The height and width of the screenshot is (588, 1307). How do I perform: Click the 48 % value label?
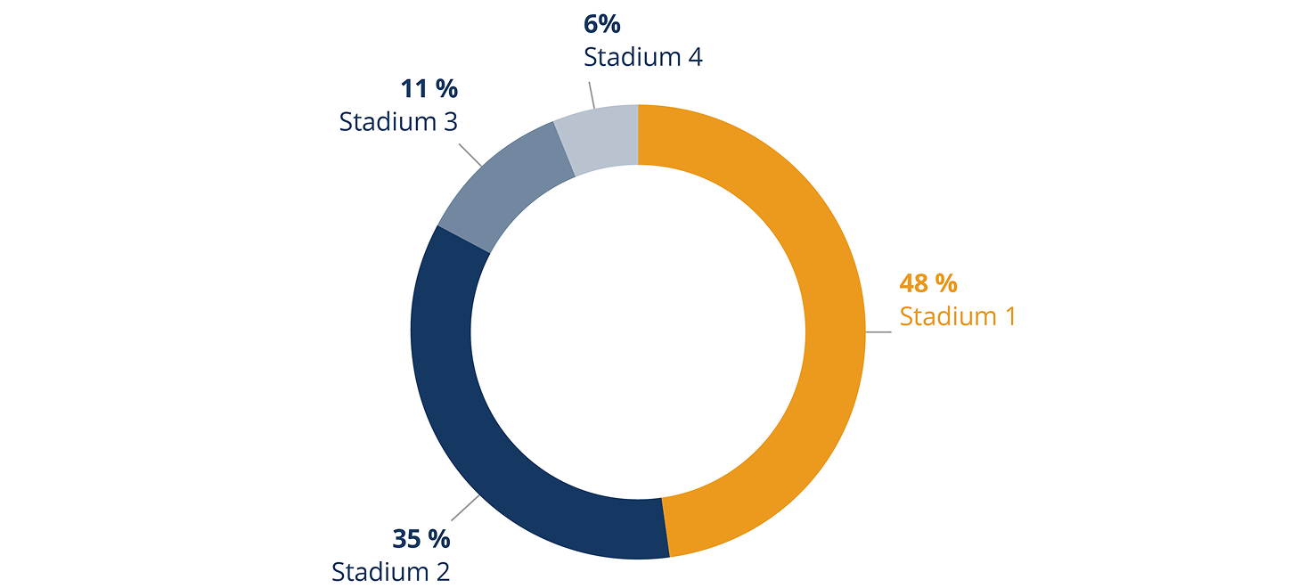click(x=928, y=284)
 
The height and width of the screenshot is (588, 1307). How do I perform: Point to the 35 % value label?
click(x=421, y=539)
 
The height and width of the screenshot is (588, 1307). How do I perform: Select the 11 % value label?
click(x=429, y=89)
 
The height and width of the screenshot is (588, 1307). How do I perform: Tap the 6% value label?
click(x=602, y=25)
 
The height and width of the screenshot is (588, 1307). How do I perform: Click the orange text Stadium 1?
click(x=957, y=316)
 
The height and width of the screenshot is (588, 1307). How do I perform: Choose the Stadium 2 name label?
click(x=390, y=571)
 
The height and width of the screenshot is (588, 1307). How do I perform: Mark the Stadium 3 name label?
click(x=398, y=121)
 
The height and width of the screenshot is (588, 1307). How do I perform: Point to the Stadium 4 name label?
click(x=643, y=57)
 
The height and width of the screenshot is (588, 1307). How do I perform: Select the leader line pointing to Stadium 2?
click(x=465, y=507)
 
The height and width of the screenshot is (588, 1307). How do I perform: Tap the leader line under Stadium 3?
click(x=470, y=153)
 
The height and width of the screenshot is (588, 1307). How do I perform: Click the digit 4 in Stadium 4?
click(x=694, y=57)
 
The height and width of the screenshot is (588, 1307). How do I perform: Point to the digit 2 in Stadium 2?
click(x=441, y=571)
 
